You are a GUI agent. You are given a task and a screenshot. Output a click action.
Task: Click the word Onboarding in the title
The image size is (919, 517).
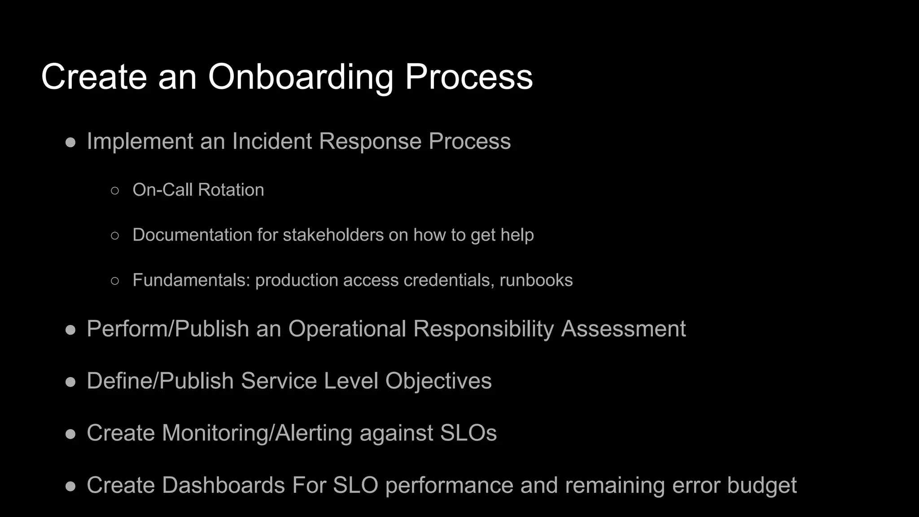[x=300, y=77]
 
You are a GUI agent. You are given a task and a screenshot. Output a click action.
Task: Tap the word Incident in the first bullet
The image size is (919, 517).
[x=272, y=141]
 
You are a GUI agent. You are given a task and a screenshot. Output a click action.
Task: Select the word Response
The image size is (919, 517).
[x=370, y=141]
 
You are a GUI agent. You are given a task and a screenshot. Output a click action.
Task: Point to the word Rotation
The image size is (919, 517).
[x=231, y=190]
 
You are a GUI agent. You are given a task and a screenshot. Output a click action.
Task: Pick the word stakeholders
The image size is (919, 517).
[x=333, y=235]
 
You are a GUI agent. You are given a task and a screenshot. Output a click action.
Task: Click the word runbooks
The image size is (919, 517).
[x=536, y=280]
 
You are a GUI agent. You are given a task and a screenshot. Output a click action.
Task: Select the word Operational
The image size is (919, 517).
[x=347, y=329]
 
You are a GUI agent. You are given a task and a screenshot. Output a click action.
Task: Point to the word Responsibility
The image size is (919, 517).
[x=484, y=329]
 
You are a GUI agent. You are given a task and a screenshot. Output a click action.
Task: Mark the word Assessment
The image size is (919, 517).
[x=623, y=329]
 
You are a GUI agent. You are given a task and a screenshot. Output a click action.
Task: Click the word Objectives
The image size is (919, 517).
[x=438, y=381]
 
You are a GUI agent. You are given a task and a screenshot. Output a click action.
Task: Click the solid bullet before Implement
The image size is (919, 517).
[x=70, y=143]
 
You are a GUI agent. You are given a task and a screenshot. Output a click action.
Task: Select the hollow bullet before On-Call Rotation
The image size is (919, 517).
[x=115, y=191]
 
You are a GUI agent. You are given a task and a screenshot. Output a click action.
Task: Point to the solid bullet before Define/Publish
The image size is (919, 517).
[x=70, y=382]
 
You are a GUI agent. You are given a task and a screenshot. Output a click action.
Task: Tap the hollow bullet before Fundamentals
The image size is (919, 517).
[x=115, y=281]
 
